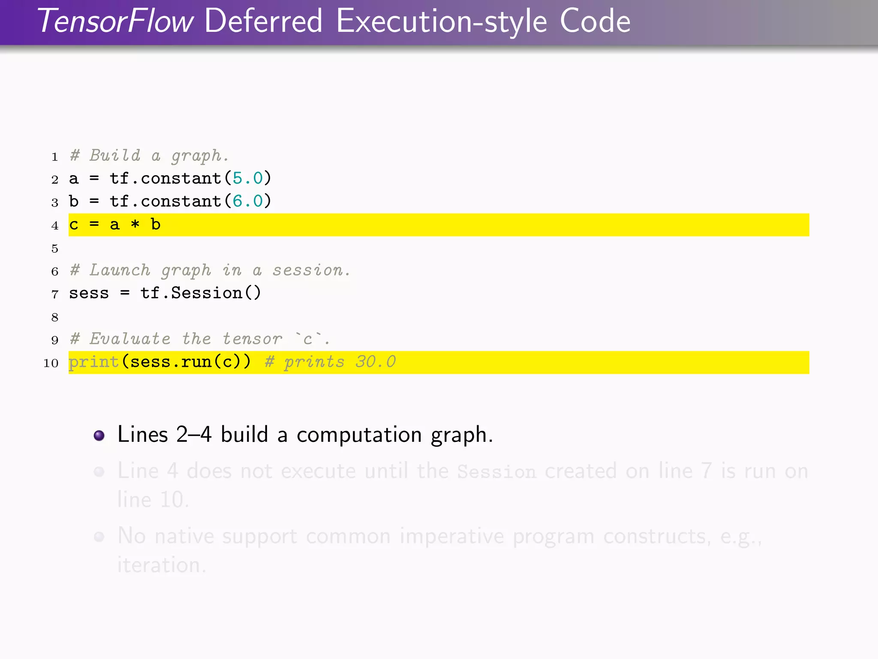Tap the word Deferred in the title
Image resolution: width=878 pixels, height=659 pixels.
pyautogui.click(x=263, y=21)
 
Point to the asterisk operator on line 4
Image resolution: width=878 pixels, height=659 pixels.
pyautogui.click(x=135, y=225)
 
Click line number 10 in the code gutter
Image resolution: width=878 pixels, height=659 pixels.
pyautogui.click(x=51, y=363)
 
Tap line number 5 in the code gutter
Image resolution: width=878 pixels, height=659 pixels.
pyautogui.click(x=55, y=248)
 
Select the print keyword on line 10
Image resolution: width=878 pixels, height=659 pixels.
pyautogui.click(x=93, y=362)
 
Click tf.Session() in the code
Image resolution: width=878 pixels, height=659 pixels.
pyautogui.click(x=201, y=293)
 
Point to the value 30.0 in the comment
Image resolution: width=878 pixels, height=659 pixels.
pyautogui.click(x=376, y=362)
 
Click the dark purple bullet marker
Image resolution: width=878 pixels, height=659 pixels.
pyautogui.click(x=99, y=435)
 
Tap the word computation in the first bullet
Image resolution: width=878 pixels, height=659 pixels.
pyautogui.click(x=359, y=435)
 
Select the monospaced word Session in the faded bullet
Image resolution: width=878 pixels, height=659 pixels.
pyautogui.click(x=496, y=472)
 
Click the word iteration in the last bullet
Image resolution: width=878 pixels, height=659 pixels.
pyautogui.click(x=161, y=565)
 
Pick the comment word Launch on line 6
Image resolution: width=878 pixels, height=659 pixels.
pyautogui.click(x=120, y=270)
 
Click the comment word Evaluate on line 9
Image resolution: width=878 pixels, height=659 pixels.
pyautogui.click(x=130, y=339)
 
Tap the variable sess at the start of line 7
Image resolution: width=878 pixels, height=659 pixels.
pyautogui.click(x=89, y=293)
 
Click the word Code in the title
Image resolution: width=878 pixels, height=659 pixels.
pyautogui.click(x=595, y=21)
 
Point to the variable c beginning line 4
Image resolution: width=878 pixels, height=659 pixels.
pyautogui.click(x=74, y=225)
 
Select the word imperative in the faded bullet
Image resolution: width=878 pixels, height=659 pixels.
pyautogui.click(x=452, y=536)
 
